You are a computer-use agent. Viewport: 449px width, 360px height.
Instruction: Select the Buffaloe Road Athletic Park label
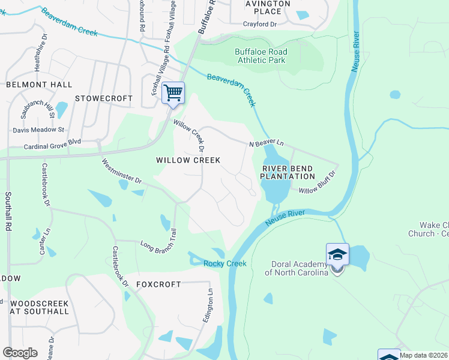261,56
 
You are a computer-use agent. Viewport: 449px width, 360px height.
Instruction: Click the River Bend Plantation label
288,172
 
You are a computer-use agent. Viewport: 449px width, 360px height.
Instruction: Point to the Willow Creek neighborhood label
188,160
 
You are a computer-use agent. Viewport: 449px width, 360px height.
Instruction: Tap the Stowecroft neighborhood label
104,98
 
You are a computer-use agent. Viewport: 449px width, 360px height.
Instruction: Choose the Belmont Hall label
39,85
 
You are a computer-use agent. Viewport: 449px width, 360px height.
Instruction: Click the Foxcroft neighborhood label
158,284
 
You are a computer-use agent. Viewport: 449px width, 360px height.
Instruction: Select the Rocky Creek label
225,264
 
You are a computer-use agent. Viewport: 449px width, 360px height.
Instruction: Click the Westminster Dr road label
121,171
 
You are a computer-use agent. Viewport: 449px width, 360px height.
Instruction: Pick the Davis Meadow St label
38,130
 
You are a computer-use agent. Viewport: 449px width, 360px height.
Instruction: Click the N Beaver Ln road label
267,143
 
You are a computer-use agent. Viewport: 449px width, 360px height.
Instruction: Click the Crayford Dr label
260,24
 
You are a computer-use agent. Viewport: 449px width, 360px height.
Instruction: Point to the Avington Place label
264,7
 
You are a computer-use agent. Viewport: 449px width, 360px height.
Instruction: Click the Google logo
20,352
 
